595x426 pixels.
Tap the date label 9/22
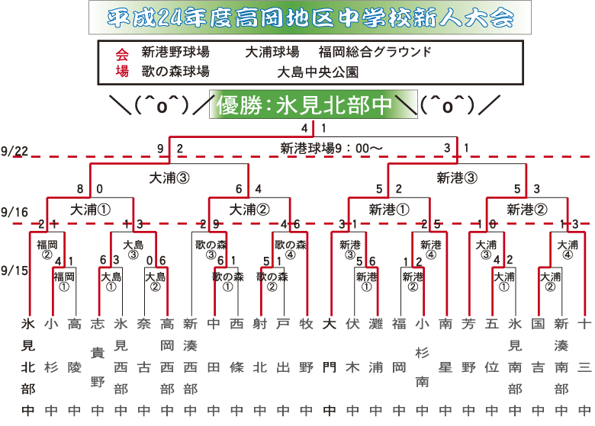(14, 151)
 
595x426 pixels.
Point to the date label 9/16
(14, 211)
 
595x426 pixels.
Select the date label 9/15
(14, 270)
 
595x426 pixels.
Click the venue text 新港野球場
(175, 53)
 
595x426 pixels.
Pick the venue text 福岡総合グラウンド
(375, 53)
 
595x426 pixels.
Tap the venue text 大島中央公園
(317, 72)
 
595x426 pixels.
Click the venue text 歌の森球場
(175, 72)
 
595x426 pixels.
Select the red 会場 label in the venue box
(122, 62)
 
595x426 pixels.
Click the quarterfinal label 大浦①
(91, 208)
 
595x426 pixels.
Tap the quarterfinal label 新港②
(526, 208)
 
